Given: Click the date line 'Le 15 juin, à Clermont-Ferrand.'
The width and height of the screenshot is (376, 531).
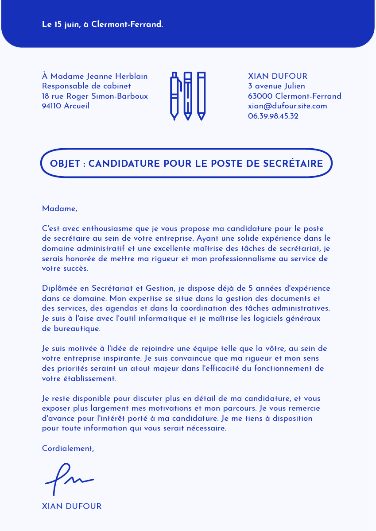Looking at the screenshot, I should point(102,25).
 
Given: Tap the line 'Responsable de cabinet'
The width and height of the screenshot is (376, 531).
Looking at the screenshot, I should point(86,86).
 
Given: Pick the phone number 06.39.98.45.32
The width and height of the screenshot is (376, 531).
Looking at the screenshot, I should point(273,116).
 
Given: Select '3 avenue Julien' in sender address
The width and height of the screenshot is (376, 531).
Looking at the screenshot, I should point(276,86).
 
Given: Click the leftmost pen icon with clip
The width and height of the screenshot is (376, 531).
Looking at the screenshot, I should point(175,96).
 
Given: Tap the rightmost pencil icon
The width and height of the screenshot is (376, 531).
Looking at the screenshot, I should point(201,96).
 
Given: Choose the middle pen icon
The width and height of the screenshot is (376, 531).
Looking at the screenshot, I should point(188,96).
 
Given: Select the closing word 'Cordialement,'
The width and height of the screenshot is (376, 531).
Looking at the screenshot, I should point(68,449).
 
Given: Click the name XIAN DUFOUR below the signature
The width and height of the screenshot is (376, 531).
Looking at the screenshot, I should point(71,507).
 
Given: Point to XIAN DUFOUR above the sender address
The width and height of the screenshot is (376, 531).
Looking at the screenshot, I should point(277,77).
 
